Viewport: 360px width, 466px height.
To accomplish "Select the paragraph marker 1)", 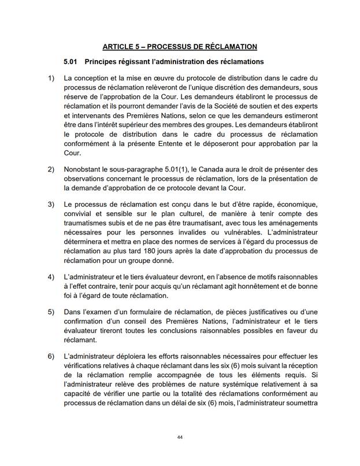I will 51,78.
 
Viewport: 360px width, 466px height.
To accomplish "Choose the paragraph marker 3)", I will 51,205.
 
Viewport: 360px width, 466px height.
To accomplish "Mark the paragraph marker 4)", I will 51,277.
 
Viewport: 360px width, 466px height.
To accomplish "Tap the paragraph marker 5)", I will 51,312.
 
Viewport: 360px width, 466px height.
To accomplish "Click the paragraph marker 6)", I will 51,357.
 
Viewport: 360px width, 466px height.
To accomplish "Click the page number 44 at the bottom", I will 180,437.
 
